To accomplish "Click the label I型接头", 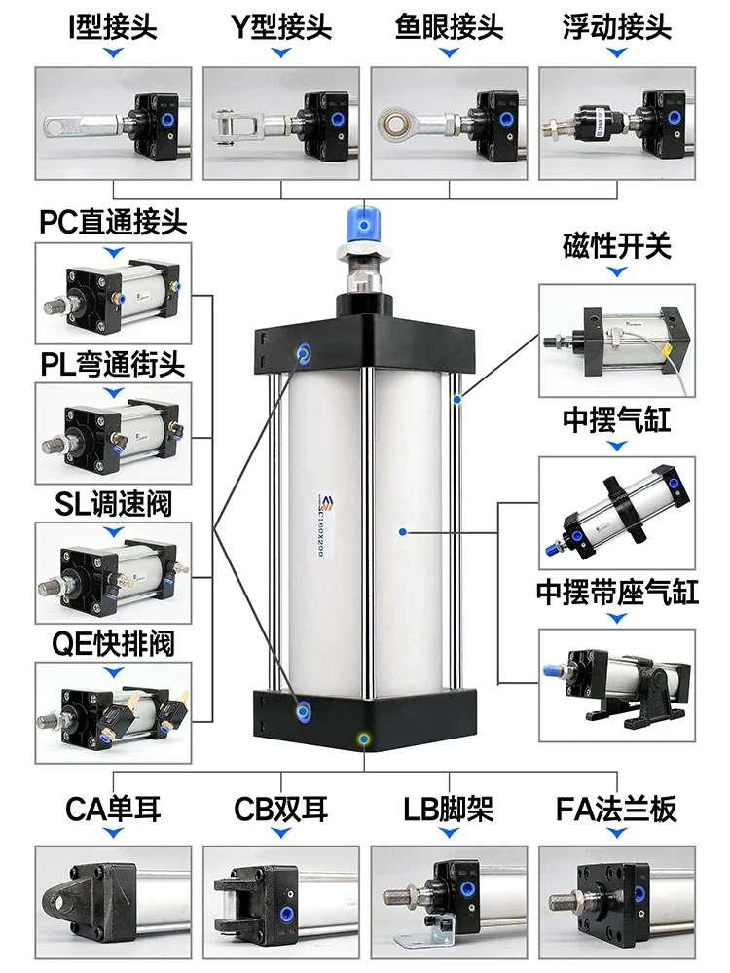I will point(114,25).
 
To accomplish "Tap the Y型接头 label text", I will point(282,25).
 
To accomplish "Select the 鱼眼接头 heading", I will point(450,25).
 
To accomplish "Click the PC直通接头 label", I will point(113,223).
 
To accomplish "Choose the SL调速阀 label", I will point(113,503).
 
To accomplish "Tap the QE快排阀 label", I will point(113,643).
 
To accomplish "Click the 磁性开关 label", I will point(617,245).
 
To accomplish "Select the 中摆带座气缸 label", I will point(617,592).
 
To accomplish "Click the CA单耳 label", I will point(113,809).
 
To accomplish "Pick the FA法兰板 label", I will point(617,809).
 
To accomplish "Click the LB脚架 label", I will point(450,809).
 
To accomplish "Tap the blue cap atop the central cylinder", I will point(364,223).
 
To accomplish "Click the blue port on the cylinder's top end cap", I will point(306,351).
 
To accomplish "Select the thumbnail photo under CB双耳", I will point(281,896).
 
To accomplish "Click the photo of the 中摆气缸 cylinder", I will point(617,509).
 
